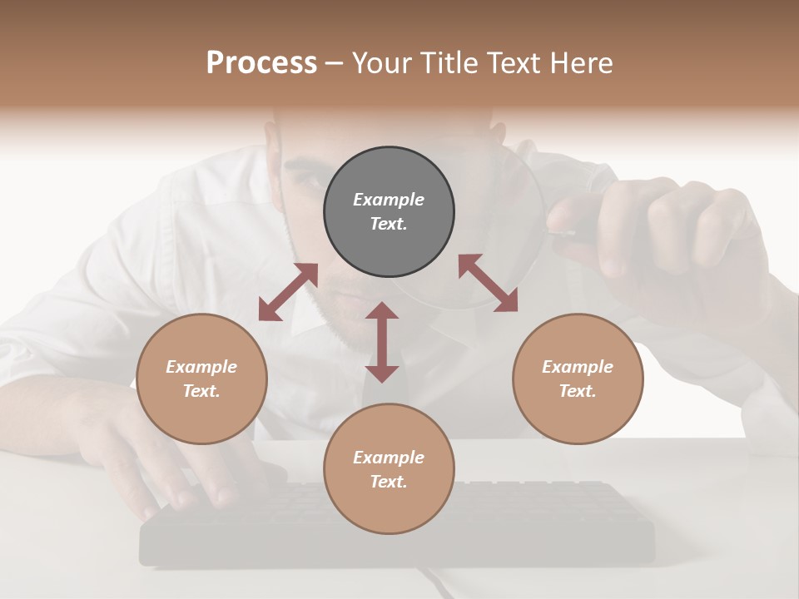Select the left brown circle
[201, 379]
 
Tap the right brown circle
[578, 379]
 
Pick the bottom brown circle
[389, 468]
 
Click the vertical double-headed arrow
[382, 342]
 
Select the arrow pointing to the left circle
[288, 292]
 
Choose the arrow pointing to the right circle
[488, 284]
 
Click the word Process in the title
[261, 62]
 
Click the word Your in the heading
[383, 62]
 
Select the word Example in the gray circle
[389, 200]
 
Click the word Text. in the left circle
[201, 391]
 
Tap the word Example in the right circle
[578, 367]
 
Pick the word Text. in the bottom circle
[389, 482]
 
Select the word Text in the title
[514, 62]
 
